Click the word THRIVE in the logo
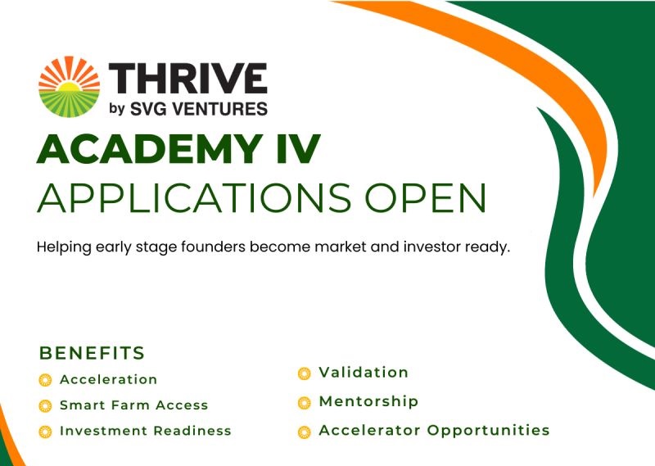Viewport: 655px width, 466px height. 187,79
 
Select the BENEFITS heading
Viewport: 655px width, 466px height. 92,354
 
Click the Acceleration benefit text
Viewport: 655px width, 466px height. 108,379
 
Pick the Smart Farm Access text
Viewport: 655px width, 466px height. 133,405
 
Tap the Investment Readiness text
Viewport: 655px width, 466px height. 145,431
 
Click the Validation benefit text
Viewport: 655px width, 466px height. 364,373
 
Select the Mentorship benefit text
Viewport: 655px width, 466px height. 368,401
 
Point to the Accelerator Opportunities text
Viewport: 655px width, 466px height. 434,430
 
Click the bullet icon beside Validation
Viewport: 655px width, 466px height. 305,373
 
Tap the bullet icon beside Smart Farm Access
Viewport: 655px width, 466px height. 45,405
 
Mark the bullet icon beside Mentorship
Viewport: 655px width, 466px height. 305,402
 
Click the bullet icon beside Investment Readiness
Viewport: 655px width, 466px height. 45,432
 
